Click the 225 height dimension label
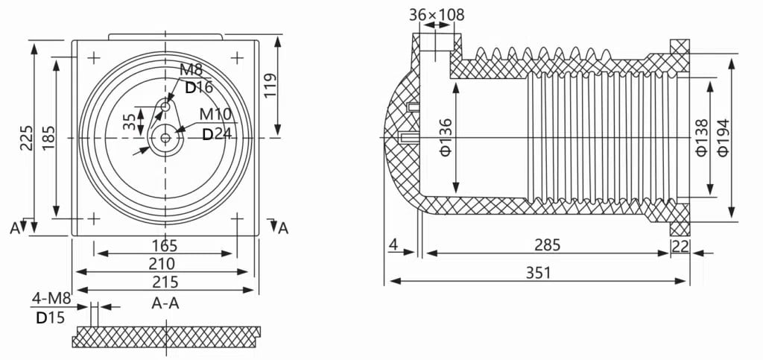pyautogui.click(x=26, y=139)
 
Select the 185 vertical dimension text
pyautogui.click(x=48, y=139)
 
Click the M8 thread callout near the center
pyautogui.click(x=191, y=71)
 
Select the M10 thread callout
pyautogui.click(x=215, y=115)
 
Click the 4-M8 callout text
pyautogui.click(x=51, y=300)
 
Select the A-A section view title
pyautogui.click(x=165, y=303)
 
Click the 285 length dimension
pyautogui.click(x=547, y=244)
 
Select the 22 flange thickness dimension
pyautogui.click(x=680, y=245)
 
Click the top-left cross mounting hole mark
pyautogui.click(x=94, y=57)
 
